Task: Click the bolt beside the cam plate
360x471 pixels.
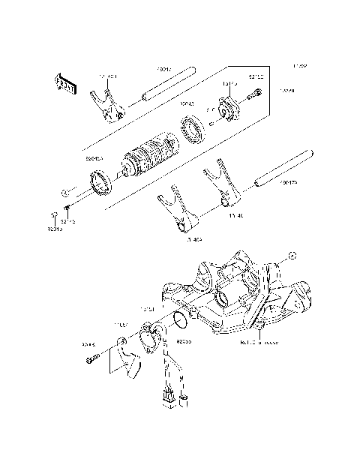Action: (253, 95)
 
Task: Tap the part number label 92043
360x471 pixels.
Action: (185, 103)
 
